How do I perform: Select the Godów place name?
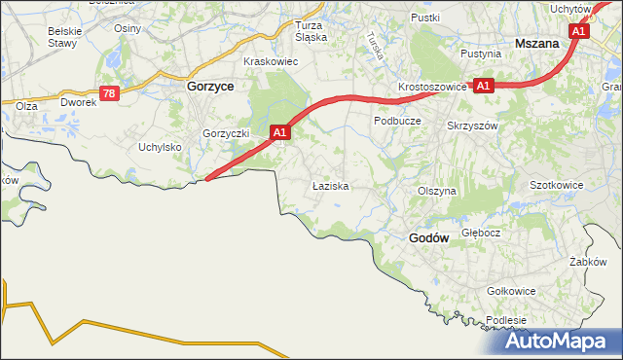pyautogui.click(x=427, y=237)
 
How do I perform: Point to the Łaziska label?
pyautogui.click(x=330, y=184)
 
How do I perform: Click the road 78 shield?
pyautogui.click(x=109, y=93)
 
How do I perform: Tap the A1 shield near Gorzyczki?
pyautogui.click(x=279, y=131)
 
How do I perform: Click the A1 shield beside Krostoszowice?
pyautogui.click(x=484, y=86)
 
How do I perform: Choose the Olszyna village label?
pyautogui.click(x=436, y=192)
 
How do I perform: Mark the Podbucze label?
pyautogui.click(x=396, y=121)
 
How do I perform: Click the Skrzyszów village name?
pyautogui.click(x=472, y=126)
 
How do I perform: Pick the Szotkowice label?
pyautogui.click(x=556, y=184)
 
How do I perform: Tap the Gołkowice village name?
pyautogui.click(x=512, y=290)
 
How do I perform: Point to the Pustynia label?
pyautogui.click(x=481, y=54)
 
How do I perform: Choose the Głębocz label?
pyautogui.click(x=481, y=233)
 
